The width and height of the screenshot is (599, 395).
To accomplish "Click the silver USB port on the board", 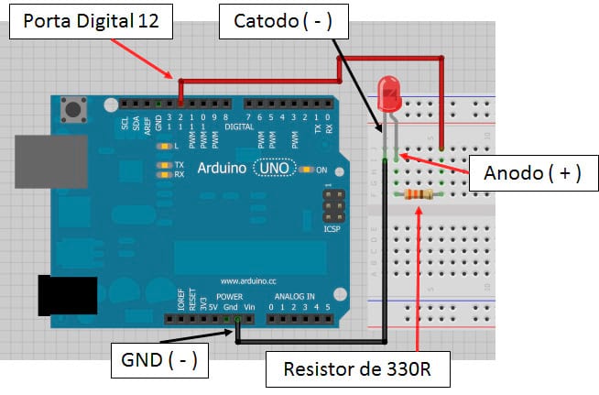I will [x=50, y=162].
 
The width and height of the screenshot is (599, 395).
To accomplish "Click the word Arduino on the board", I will [x=221, y=170].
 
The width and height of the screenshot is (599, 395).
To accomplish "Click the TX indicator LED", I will [x=164, y=165].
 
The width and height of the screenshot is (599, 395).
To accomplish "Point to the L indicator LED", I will [x=166, y=146].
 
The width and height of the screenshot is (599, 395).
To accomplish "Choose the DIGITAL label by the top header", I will [x=239, y=126].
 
